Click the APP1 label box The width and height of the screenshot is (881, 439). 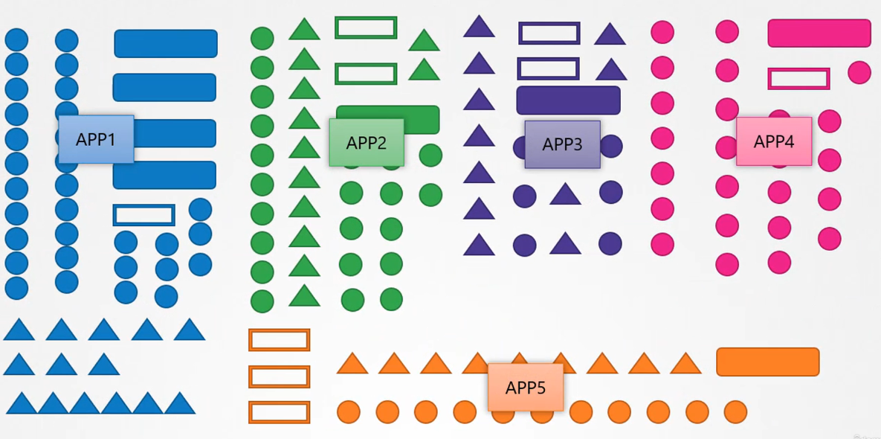point(96,139)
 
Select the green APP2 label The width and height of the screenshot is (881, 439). point(367,143)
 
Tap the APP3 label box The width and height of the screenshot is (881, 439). point(562,144)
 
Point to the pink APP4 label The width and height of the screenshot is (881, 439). point(774,141)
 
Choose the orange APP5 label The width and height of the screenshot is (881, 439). point(526,388)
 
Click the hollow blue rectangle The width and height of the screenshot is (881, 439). point(144,215)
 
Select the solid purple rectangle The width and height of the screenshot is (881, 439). point(568,100)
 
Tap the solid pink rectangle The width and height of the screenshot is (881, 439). point(819,33)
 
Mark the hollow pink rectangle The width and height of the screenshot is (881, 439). point(798,79)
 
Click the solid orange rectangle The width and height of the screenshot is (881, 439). point(767,362)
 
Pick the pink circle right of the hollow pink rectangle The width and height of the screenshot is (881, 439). point(859,72)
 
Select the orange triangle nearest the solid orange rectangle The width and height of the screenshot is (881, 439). point(685,364)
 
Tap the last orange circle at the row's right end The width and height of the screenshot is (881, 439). point(735,411)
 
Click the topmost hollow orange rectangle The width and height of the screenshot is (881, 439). point(279,340)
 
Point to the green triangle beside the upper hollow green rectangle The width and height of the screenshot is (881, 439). point(424,40)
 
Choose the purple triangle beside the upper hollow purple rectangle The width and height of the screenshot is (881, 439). point(610,34)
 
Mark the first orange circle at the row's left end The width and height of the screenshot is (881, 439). point(349,411)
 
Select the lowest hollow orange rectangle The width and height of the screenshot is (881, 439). point(279,412)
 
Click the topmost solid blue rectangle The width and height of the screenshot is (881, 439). point(166,44)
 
